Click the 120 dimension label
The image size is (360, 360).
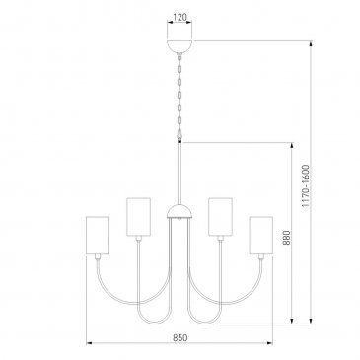180,17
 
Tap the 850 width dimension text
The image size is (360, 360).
180,337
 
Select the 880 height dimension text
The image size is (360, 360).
286,238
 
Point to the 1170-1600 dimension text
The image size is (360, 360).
306,185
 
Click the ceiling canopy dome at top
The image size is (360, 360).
180,46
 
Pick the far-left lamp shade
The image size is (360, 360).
98,235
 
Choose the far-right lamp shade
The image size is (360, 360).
261,235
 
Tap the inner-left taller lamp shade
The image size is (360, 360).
138,217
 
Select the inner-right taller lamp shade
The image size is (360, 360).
220,217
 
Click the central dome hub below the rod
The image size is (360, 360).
180,211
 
